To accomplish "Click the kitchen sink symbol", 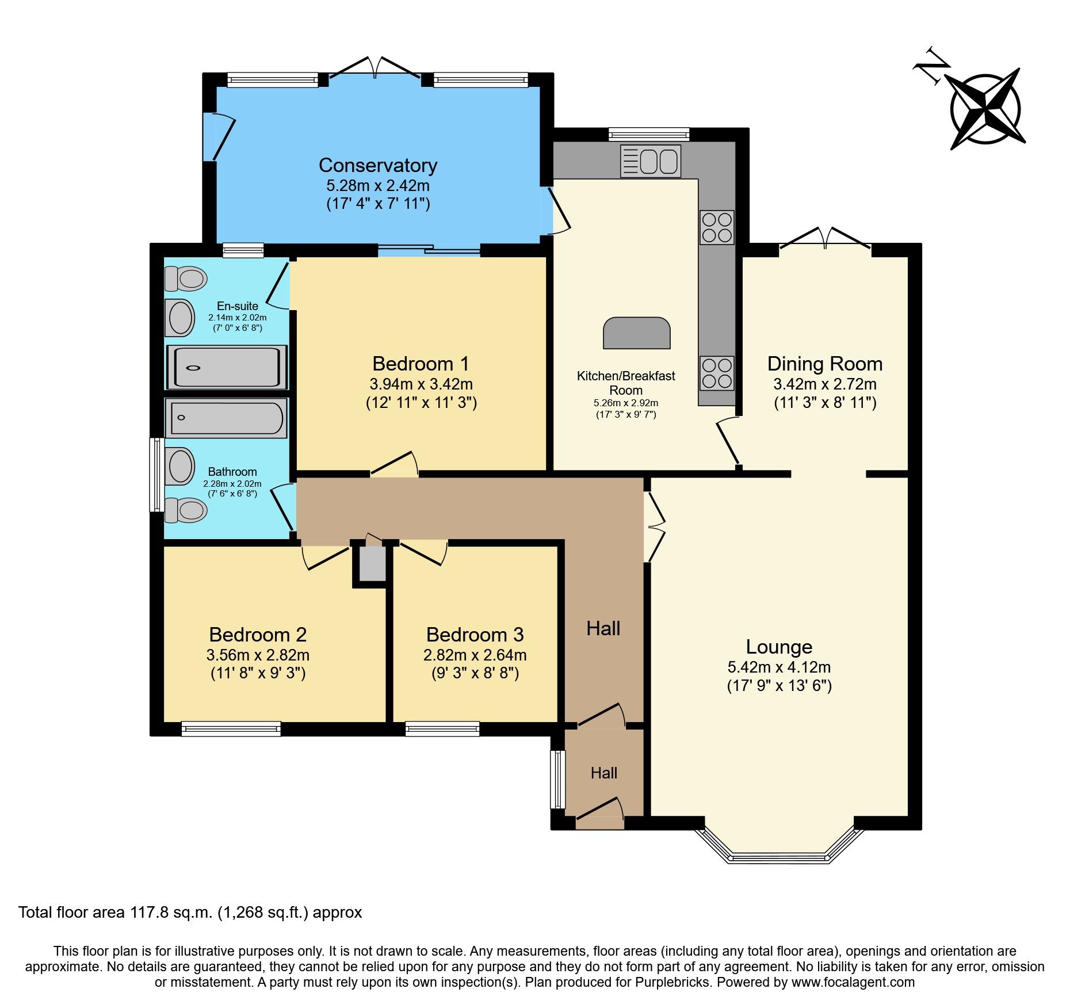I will pos(651,161).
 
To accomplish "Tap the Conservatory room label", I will pos(378,166).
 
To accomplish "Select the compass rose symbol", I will pos(986,109).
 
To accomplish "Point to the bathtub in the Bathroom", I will pos(226,418).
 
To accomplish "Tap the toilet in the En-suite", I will pos(186,279).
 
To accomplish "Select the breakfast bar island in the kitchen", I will pos(637,333).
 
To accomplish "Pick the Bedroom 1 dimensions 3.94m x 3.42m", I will pos(421,384).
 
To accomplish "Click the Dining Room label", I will pos(824,364).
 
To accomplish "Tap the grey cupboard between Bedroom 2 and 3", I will pos(372,563).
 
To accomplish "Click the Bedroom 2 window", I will pos(231,729).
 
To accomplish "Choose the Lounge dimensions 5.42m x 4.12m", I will pos(779,667).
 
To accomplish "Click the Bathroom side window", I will pos(156,475).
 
